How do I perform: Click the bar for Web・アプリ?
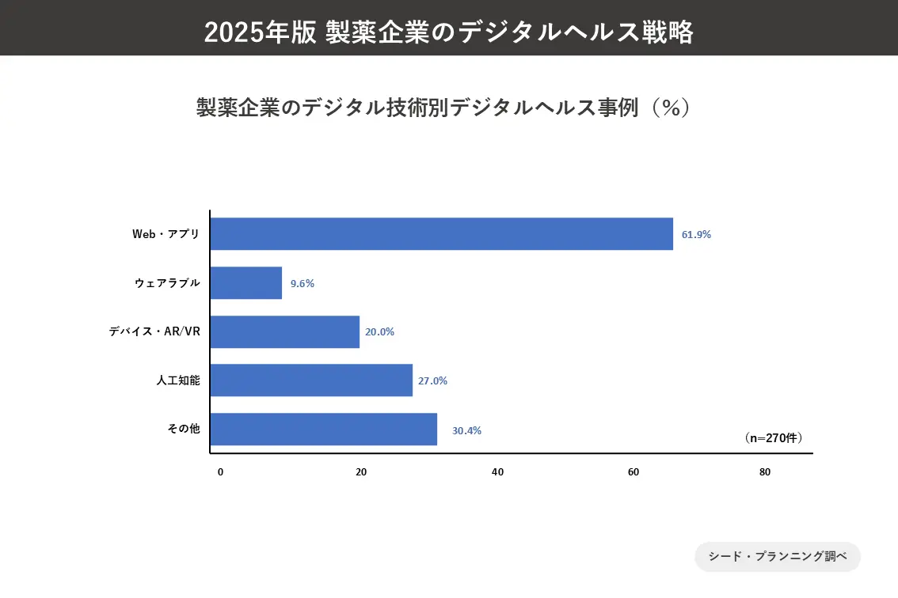[x=442, y=234]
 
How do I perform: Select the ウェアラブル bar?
[x=246, y=283]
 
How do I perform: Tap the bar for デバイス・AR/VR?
[x=285, y=332]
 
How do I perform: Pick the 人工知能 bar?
[x=312, y=380]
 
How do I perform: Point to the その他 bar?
[x=324, y=430]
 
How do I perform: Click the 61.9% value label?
[x=697, y=235]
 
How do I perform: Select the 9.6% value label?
[x=303, y=284]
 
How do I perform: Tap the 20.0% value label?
[x=379, y=332]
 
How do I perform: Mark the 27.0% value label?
[x=432, y=380]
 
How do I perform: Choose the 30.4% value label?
[x=466, y=431]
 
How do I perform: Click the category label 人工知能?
[x=178, y=380]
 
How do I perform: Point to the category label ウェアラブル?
[x=168, y=283]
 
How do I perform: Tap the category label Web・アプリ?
[x=166, y=234]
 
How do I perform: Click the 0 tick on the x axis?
[x=220, y=472]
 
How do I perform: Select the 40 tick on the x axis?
[x=497, y=472]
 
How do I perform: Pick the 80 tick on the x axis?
[x=764, y=472]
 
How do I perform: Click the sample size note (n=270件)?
[x=774, y=437]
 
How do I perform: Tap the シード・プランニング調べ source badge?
[x=778, y=557]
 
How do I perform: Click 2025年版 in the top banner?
[x=261, y=32]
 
